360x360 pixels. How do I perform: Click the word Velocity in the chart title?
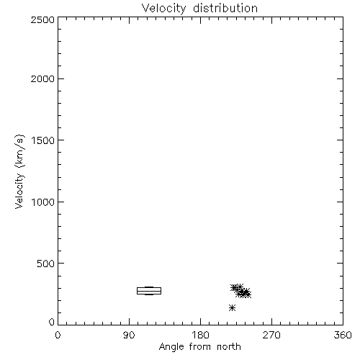pyautogui.click(x=163, y=9)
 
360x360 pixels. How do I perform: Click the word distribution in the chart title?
pyautogui.click(x=225, y=8)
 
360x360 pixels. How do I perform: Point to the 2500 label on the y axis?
pyautogui.click(x=42, y=19)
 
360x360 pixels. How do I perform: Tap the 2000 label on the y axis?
pyautogui.click(x=42, y=78)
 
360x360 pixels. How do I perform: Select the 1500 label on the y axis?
pyautogui.click(x=43, y=140)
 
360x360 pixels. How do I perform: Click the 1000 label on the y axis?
pyautogui.click(x=43, y=202)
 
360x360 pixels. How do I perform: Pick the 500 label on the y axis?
pyautogui.click(x=46, y=264)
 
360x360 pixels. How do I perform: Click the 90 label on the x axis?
pyautogui.click(x=129, y=335)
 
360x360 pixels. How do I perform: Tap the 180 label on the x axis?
pyautogui.click(x=200, y=335)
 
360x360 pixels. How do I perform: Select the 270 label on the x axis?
pyautogui.click(x=271, y=335)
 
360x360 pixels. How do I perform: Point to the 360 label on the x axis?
pyautogui.click(x=343, y=335)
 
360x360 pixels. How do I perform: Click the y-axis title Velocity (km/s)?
pyautogui.click(x=19, y=171)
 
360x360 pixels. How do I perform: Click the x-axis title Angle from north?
pyautogui.click(x=200, y=347)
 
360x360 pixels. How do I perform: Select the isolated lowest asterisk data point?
pyautogui.click(x=232, y=307)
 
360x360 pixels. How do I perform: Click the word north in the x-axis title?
pyautogui.click(x=229, y=346)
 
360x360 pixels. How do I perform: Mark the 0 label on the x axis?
pyautogui.click(x=58, y=335)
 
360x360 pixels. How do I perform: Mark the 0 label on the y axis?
pyautogui.click(x=52, y=322)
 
